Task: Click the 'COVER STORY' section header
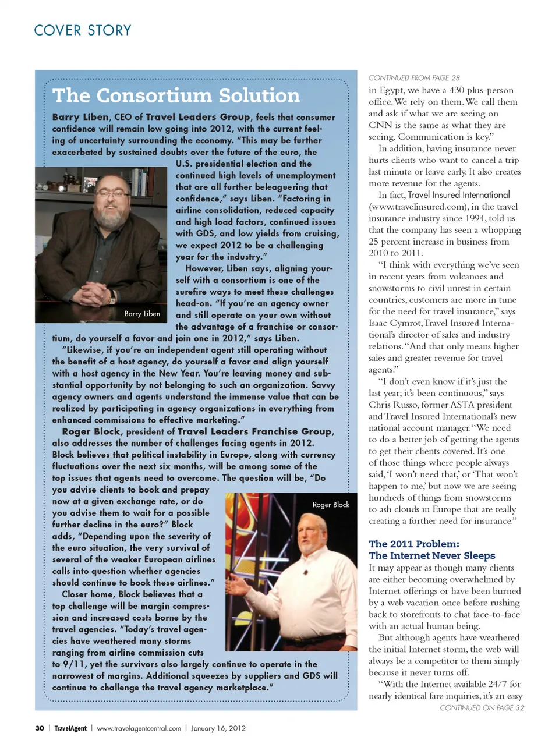83,30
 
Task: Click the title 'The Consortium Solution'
176,95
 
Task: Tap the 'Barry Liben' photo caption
142,314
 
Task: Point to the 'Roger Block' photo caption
331,505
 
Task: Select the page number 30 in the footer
40,728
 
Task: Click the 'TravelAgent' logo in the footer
70,728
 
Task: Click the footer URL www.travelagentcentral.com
139,728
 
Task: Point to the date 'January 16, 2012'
218,728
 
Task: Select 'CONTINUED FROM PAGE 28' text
414,78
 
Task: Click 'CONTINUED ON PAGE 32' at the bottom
482,708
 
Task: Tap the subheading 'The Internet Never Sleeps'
431,556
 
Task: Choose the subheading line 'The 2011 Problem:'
413,544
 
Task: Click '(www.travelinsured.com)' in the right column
413,207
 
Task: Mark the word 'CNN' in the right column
380,125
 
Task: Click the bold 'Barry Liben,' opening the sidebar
80,117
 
